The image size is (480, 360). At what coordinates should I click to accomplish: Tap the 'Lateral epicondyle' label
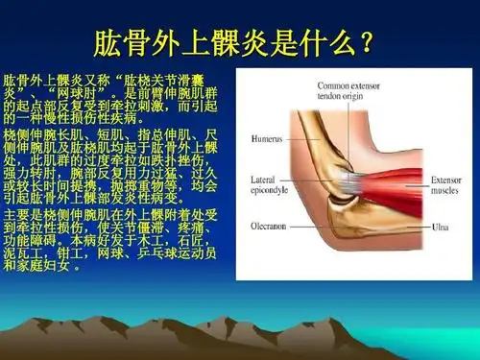[267, 183]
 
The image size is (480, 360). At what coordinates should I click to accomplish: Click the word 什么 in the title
[324, 42]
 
